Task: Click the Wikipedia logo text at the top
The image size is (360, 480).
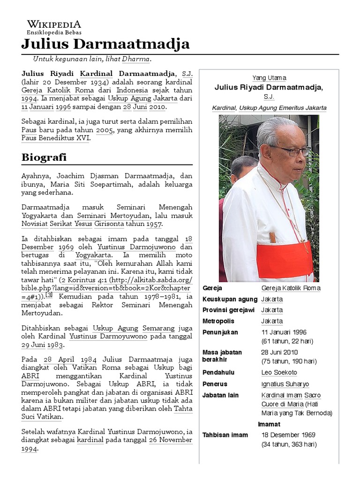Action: [54, 24]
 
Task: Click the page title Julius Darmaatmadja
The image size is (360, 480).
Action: [105, 44]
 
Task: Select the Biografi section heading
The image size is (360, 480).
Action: [44, 157]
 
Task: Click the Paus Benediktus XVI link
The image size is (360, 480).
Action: [56, 138]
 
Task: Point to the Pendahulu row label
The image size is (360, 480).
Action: [218, 373]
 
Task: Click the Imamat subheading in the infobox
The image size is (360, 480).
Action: [269, 424]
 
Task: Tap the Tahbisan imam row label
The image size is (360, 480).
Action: [225, 435]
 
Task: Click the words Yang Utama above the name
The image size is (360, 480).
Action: [269, 78]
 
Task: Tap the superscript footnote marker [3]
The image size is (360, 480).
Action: [49, 295]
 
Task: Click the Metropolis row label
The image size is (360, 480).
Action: [218, 321]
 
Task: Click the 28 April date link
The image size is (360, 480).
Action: [54, 359]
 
